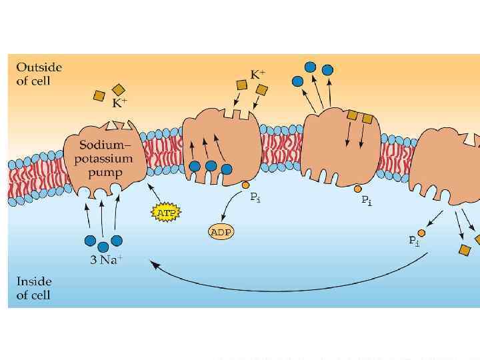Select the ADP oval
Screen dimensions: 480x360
[220, 233]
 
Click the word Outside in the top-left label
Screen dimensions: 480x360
[39, 67]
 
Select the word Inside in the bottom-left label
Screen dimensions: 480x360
[34, 281]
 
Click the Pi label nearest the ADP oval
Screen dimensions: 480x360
[255, 197]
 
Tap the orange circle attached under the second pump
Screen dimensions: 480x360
[245, 185]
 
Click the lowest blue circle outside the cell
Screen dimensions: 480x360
[298, 81]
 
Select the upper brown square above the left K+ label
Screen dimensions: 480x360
[119, 89]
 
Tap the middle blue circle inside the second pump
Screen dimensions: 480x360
[211, 166]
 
